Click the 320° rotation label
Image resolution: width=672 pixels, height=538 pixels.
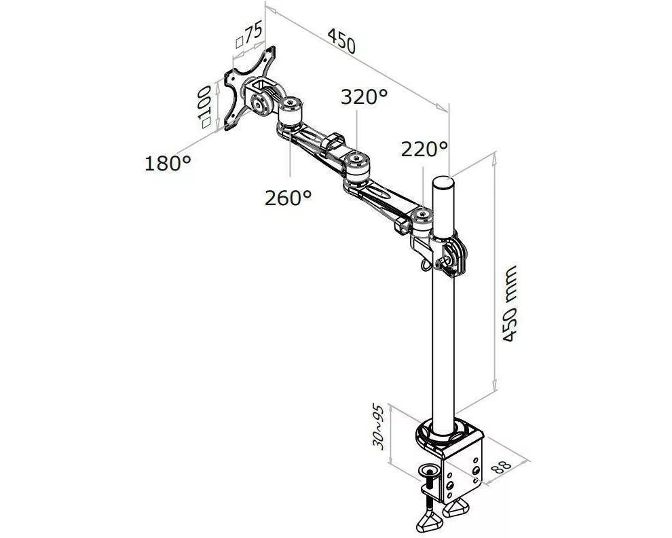point(364,97)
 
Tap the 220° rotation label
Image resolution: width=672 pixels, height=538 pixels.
point(424,149)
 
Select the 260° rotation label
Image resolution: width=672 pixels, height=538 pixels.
point(288,198)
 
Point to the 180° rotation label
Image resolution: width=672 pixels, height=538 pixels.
point(168,164)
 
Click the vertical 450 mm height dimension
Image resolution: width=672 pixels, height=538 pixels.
point(509,304)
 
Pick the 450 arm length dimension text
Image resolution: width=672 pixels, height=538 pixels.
point(341,41)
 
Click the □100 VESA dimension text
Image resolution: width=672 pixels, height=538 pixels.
point(206,106)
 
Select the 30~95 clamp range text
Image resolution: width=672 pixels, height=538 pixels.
point(377,426)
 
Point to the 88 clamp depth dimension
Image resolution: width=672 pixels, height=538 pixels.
point(500,467)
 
